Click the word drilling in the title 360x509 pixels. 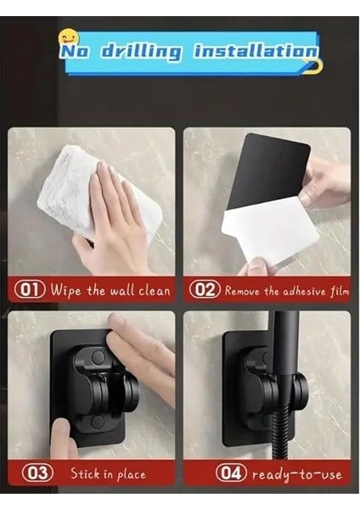pyautogui.click(x=141, y=52)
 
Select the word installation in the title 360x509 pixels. pyautogui.click(x=256, y=51)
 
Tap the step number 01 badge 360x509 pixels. pyautogui.click(x=30, y=289)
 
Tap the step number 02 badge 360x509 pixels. pyautogui.click(x=205, y=289)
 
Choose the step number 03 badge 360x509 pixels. pyautogui.click(x=37, y=473)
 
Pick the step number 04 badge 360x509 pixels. pyautogui.click(x=231, y=473)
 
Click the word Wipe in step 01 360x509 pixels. pyautogui.click(x=65, y=290)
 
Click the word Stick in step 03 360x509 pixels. pyautogui.click(x=85, y=473)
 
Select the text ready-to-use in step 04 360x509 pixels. pyautogui.click(x=297, y=474)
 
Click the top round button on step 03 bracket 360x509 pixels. pyautogui.click(x=98, y=357)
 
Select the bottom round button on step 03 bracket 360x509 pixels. pyautogui.click(x=97, y=422)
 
